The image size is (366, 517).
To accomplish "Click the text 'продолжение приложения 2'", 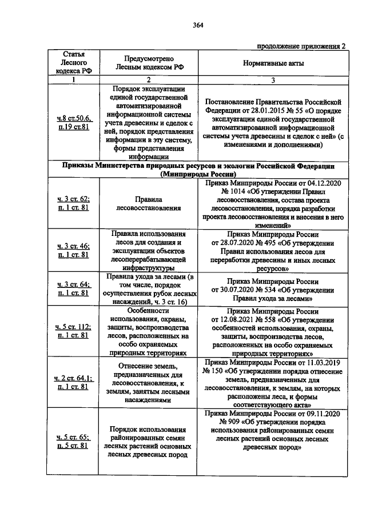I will [x=301, y=46].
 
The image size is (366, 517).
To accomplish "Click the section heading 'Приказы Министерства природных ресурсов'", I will [x=198, y=169].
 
